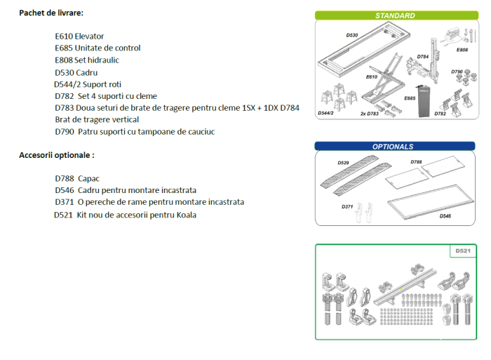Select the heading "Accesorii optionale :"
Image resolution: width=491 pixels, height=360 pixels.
coord(56,155)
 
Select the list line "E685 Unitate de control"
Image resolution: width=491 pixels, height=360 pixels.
coord(97,48)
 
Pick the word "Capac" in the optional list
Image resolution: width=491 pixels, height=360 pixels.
coord(89,178)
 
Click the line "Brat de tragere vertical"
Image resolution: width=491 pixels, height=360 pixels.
coord(96,119)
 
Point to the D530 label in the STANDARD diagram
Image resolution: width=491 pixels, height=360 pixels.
coord(351,34)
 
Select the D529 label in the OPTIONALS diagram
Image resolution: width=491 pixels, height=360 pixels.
coord(343,163)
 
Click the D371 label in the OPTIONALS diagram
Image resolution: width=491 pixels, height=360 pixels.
coord(348,207)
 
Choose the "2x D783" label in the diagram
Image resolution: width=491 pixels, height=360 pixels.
coord(369,113)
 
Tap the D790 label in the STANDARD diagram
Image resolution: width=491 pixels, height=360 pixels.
coord(457,72)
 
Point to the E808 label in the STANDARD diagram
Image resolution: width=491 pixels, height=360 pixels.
coord(462,50)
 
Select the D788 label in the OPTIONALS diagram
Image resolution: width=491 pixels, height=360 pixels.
coord(417,162)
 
